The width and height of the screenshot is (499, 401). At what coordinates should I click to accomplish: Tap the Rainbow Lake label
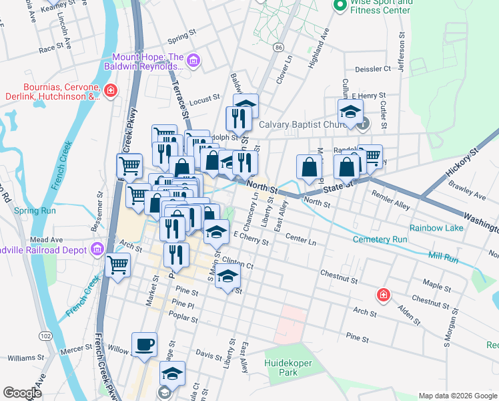coord(436,228)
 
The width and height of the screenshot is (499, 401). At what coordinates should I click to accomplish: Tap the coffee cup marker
coord(145,345)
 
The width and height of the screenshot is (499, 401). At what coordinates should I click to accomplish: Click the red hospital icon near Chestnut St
coord(384,294)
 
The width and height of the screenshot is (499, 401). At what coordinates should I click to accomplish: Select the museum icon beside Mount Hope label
coord(194,61)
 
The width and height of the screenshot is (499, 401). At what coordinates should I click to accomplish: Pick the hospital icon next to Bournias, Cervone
coord(111,90)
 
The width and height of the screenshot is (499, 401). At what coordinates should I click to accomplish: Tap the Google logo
coord(22,393)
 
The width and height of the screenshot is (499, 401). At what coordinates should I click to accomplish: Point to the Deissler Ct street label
coord(373,69)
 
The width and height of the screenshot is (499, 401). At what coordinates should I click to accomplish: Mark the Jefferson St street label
coord(402,49)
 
